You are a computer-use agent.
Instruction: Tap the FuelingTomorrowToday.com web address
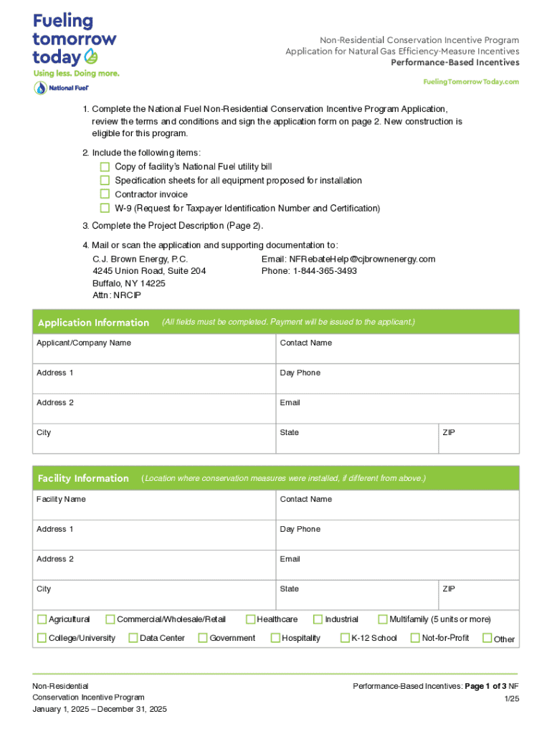pos(471,82)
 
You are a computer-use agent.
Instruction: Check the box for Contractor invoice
pos(105,194)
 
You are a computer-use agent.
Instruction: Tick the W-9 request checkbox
pos(105,208)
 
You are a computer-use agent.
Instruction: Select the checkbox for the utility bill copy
pos(105,167)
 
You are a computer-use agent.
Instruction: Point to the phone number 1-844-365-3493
pos(324,271)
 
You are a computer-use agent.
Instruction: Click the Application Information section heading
pos(93,323)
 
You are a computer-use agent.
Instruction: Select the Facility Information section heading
pos(83,478)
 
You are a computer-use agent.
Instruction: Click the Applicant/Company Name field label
pos(84,343)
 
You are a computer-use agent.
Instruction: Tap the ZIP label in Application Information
pos(449,432)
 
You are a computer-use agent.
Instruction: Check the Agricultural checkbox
pos(42,619)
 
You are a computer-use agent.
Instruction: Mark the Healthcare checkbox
pos(251,619)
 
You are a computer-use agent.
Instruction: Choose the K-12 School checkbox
pos(346,638)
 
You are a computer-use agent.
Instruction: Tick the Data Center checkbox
pos(133,638)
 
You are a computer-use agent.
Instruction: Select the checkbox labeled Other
pos(487,638)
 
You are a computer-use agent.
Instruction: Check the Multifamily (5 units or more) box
pos(383,619)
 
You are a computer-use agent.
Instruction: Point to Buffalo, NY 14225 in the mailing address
pos(129,283)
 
